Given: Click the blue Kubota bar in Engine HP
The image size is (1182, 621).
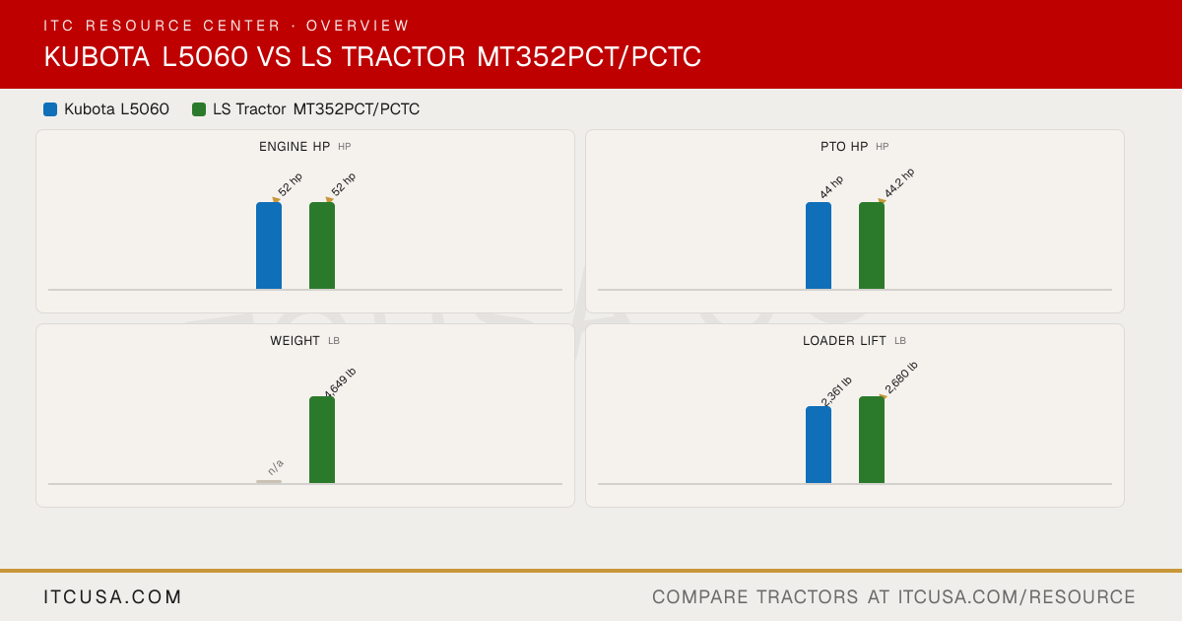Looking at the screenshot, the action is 269,245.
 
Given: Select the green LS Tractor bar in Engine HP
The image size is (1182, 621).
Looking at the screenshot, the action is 322,245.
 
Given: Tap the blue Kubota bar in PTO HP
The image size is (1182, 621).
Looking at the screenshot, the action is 819,245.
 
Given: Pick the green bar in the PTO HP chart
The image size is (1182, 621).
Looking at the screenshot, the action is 872,245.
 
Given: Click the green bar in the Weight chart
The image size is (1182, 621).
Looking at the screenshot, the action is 322,440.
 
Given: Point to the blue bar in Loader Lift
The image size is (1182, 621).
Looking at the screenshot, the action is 819,445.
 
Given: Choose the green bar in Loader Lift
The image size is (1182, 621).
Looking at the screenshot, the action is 872,440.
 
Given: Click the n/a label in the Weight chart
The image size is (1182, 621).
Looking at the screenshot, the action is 276,467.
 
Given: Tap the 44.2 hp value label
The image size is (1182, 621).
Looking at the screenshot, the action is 899,182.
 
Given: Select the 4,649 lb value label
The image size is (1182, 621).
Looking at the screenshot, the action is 341,382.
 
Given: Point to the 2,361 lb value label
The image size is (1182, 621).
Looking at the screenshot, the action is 836,391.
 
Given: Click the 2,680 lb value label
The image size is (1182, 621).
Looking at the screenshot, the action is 901,378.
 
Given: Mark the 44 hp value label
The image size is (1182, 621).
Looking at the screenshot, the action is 831,187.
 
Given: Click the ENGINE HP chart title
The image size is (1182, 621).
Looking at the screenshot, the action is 295,147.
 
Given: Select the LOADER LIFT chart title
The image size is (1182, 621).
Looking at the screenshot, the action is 844,341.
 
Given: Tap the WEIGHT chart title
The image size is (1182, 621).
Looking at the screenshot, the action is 295,341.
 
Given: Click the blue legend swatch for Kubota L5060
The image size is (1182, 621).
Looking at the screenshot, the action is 50,109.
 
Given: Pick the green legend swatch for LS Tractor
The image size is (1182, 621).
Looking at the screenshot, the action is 199,109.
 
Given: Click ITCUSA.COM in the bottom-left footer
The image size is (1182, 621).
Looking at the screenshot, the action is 112,596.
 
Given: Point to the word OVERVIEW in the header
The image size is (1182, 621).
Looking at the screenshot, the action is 358,26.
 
